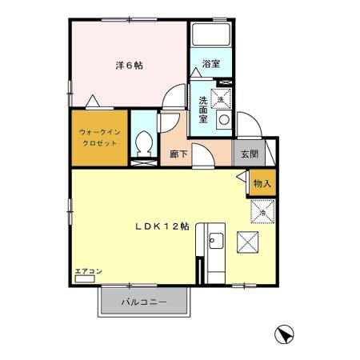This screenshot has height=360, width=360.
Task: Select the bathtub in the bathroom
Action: pyautogui.click(x=210, y=36)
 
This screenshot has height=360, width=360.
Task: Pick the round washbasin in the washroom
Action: pyautogui.click(x=224, y=119)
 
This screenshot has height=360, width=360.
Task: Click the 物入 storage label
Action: pyautogui.click(x=262, y=184)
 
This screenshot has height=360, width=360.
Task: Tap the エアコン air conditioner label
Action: pyautogui.click(x=88, y=272)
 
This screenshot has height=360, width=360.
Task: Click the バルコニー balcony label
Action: pyautogui.click(x=144, y=302)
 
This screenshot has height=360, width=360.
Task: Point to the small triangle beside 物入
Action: pyautogui.click(x=242, y=183)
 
